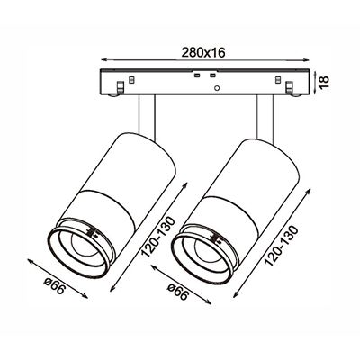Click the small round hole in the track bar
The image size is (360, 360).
pos(217,88)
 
